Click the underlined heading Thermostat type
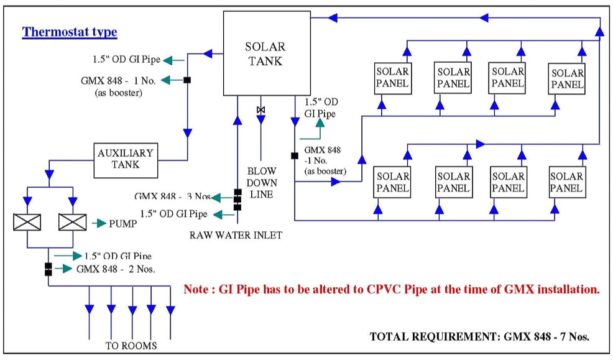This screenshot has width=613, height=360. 70,32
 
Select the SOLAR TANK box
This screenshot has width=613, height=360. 265,53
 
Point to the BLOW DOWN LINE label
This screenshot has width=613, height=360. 260,182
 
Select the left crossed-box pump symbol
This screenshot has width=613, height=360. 27,222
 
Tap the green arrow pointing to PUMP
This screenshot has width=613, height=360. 99,222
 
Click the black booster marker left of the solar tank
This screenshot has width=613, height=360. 186,80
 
